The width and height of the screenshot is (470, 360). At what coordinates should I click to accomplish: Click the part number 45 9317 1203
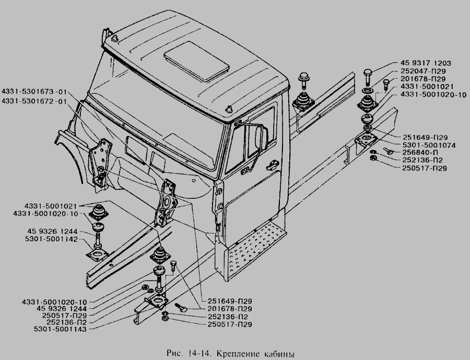pyautogui.click(x=426, y=63)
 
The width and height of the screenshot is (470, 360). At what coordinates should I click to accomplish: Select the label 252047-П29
pyautogui.click(x=423, y=71)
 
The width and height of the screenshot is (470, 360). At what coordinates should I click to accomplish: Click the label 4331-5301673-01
pyautogui.click(x=34, y=91)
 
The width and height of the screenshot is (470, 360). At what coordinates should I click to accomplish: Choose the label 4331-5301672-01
pyautogui.click(x=34, y=101)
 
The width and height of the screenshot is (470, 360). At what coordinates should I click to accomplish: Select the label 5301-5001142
pyautogui.click(x=51, y=239)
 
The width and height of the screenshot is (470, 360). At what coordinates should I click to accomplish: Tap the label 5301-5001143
pyautogui.click(x=60, y=329)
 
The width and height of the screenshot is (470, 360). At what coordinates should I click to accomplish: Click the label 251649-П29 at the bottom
pyautogui.click(x=230, y=301)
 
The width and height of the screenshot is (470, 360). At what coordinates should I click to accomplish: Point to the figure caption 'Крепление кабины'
pyautogui.click(x=255, y=353)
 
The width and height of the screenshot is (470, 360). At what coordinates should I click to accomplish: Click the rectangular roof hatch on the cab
pyautogui.click(x=197, y=62)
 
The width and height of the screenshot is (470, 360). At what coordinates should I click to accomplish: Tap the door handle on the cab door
pyautogui.click(x=273, y=163)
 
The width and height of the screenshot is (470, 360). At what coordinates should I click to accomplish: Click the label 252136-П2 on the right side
pyautogui.click(x=422, y=160)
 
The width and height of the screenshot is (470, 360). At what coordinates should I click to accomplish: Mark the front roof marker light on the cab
pyautogui.click(x=114, y=39)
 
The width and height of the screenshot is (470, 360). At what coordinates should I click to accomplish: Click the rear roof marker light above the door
pyautogui.click(x=229, y=109)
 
